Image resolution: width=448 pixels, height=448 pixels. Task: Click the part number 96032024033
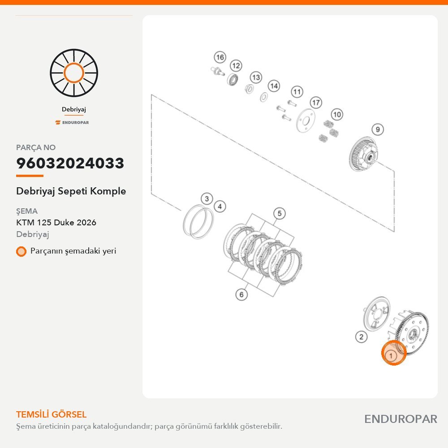(70, 163)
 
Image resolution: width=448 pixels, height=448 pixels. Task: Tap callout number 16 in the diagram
(220, 57)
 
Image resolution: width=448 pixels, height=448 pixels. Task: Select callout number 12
(236, 66)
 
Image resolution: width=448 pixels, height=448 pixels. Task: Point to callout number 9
(378, 129)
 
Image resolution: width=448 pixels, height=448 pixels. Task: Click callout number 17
(316, 103)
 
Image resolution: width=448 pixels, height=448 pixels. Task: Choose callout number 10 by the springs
(337, 115)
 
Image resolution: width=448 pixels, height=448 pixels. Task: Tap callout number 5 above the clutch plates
(280, 213)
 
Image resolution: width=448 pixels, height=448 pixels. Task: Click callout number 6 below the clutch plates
(241, 294)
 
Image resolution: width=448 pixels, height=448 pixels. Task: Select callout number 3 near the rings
(207, 198)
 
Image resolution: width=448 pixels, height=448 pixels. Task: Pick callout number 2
(362, 337)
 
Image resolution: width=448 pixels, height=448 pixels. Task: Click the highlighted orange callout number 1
(393, 353)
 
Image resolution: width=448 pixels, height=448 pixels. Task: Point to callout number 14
(274, 86)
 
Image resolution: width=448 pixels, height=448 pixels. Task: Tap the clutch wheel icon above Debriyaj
(74, 73)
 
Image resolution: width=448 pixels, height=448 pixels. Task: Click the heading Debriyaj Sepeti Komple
(71, 191)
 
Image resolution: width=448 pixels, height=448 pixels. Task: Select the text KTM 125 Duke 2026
(56, 223)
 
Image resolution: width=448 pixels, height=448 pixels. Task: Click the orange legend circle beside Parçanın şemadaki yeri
(21, 251)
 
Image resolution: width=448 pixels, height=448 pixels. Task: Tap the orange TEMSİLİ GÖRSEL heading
(52, 414)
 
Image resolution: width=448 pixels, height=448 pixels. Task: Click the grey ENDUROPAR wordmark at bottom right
(401, 419)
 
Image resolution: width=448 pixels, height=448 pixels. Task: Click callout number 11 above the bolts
(297, 92)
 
